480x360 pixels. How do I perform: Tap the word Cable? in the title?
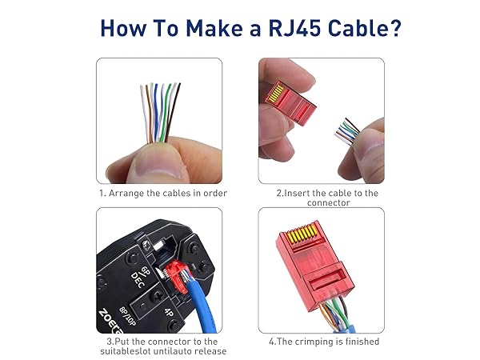click(x=362, y=29)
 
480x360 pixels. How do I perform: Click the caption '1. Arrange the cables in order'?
click(x=163, y=193)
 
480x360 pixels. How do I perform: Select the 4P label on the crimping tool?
click(x=170, y=313)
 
